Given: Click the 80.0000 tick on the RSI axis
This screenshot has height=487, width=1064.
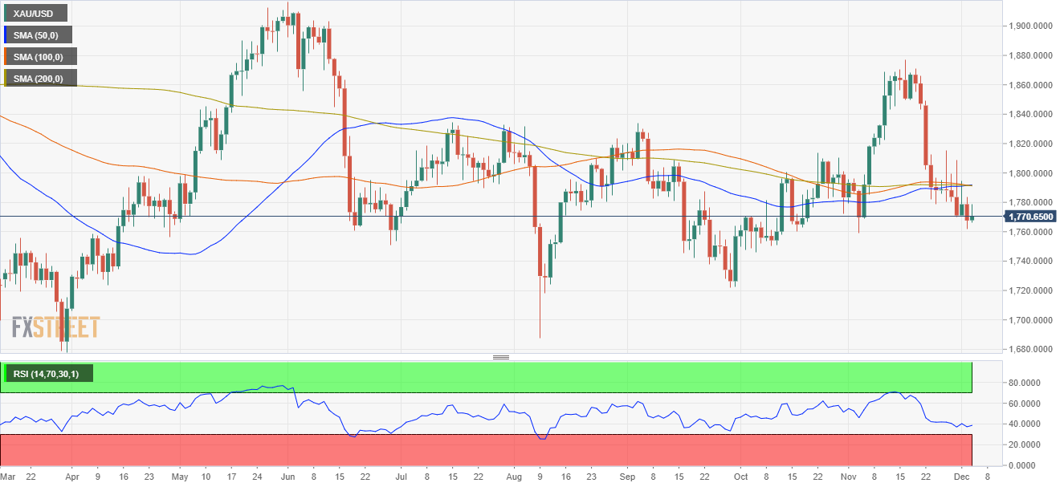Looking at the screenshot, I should (x=1027, y=383).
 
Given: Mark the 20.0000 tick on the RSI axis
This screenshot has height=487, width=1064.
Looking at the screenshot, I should (x=1027, y=444).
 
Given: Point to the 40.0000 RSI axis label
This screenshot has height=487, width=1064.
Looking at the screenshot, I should (x=1027, y=424).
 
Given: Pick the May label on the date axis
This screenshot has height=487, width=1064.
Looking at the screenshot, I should (x=180, y=475).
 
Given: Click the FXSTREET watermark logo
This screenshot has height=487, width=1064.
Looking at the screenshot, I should (x=55, y=327).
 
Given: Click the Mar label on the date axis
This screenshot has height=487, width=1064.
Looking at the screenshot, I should (x=7, y=475).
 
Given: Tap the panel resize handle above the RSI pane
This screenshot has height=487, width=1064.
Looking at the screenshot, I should (x=501, y=357).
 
